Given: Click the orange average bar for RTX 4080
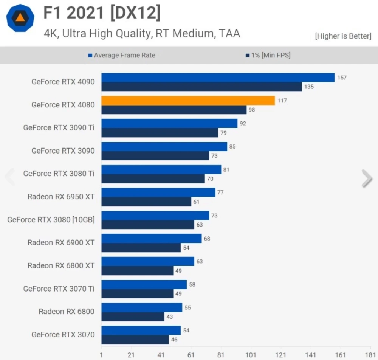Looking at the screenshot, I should point(188,101).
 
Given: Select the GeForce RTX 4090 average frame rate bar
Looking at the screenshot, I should point(218,78).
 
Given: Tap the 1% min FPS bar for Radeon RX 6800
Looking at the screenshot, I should point(133,317).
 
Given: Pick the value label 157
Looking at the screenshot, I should point(342,78).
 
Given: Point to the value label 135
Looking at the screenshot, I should point(309,87).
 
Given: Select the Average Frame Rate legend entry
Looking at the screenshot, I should point(122,55).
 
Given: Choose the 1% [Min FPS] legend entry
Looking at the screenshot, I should point(268,55).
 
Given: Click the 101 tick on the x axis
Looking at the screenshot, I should point(251,355).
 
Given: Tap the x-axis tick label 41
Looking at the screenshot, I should point(161,355).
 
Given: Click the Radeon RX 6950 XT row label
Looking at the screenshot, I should point(61,197).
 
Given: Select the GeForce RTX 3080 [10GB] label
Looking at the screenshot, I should point(51,220).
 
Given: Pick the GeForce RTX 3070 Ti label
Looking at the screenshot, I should point(59,289).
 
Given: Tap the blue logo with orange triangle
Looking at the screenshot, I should point(20,18).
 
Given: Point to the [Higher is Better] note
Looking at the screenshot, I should point(343,36).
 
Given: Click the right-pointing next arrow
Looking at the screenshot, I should point(367,178).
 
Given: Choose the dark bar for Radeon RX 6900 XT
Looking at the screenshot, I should point(141,248).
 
